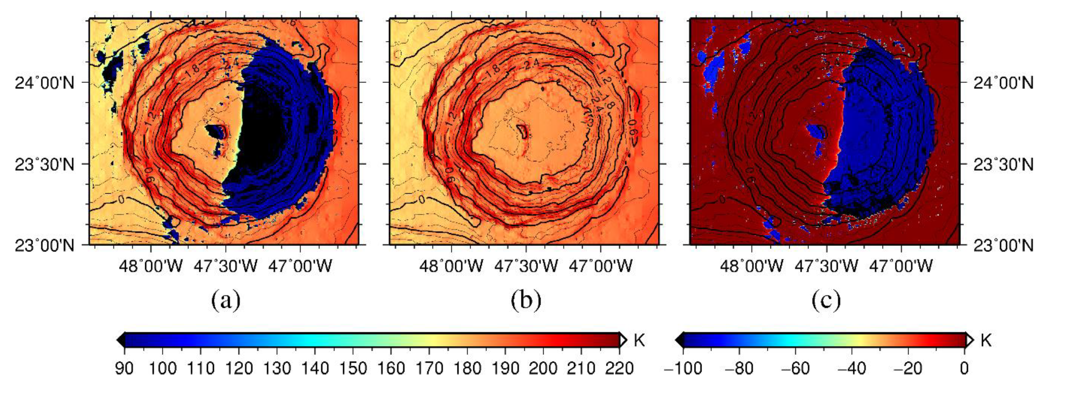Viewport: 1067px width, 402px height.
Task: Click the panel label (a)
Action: tap(226, 301)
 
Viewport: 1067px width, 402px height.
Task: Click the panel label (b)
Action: tap(526, 301)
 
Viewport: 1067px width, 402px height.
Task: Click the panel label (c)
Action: tap(826, 301)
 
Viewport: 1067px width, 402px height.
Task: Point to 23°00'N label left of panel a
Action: tap(45, 245)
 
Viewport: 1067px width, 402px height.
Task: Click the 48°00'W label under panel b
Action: tap(451, 266)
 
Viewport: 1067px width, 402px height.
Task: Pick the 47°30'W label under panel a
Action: tap(226, 266)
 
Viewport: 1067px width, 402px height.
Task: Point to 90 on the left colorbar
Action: tap(124, 368)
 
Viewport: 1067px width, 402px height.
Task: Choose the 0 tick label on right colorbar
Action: tap(964, 368)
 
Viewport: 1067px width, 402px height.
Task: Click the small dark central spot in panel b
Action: tap(523, 132)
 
